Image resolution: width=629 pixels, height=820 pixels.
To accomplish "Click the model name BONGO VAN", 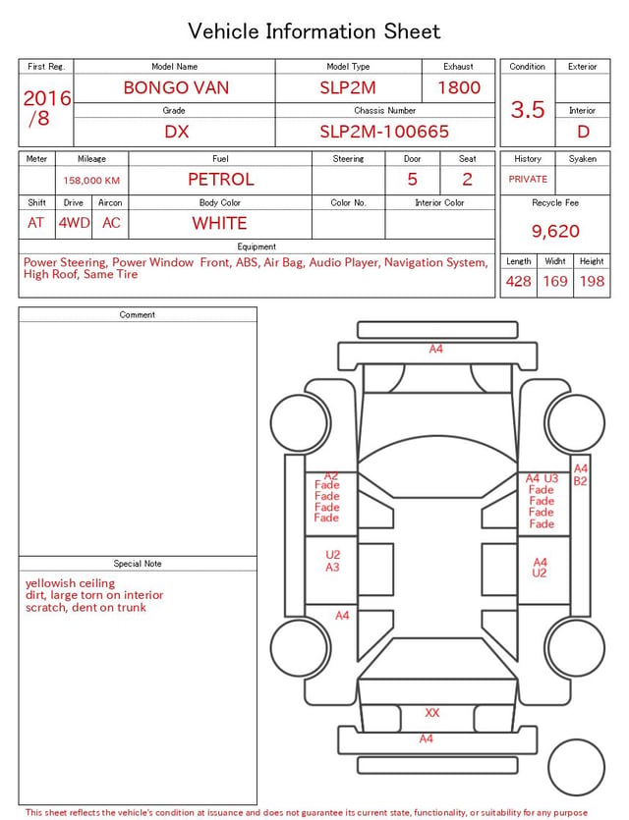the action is pyautogui.click(x=176, y=87).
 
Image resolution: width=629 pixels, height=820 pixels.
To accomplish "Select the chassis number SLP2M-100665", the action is pyautogui.click(x=384, y=132).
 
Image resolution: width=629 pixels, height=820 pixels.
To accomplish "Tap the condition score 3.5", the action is pyautogui.click(x=528, y=109).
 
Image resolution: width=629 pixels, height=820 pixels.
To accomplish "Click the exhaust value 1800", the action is pyautogui.click(x=459, y=87).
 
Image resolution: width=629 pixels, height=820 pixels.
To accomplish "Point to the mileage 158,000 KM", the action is pyautogui.click(x=91, y=181).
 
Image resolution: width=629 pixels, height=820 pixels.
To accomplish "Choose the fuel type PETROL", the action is pyautogui.click(x=221, y=180).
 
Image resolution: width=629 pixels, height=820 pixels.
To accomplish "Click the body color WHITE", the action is pyautogui.click(x=219, y=223).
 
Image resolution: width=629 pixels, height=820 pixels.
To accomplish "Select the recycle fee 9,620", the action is pyautogui.click(x=555, y=231).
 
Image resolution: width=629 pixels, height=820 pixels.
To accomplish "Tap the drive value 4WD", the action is pyautogui.click(x=74, y=223).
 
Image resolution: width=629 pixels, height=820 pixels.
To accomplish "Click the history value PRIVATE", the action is pyautogui.click(x=528, y=179).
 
